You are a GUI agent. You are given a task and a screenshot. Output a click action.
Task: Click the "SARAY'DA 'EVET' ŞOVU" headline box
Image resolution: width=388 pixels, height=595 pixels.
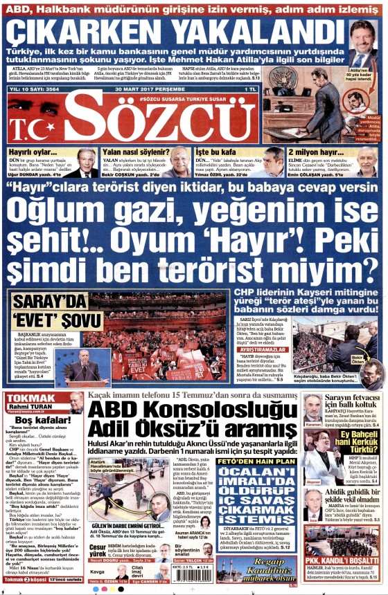(x=47, y=311)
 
